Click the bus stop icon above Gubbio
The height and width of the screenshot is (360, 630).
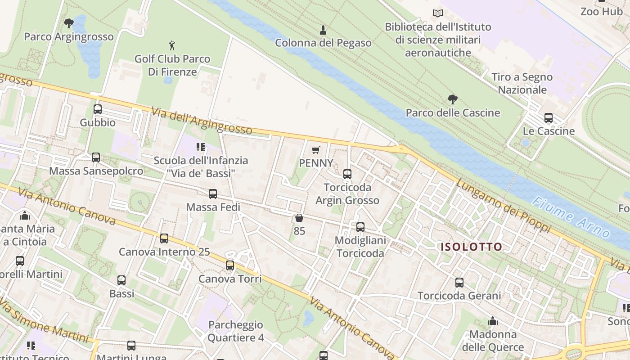pos(97,109)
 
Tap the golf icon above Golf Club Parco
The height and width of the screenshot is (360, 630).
pos(171,45)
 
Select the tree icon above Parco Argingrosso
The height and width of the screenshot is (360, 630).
pos(68,23)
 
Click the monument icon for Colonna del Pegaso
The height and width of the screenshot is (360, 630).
pos(323,30)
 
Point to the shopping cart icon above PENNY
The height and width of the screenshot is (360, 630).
pos(316,150)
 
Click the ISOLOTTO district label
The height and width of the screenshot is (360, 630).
pos(471,247)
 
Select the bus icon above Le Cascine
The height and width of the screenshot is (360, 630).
pos(548,118)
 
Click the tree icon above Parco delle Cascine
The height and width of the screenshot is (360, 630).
pos(452,99)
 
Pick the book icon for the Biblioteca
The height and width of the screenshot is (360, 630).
pos(437,13)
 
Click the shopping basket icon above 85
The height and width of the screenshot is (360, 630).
pos(299,218)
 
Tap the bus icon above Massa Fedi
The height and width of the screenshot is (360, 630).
pos(213,194)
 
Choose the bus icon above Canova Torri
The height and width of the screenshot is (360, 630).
pos(229,265)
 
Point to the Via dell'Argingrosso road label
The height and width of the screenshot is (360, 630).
pos(202,121)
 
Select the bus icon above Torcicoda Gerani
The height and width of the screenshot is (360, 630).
pos(459,283)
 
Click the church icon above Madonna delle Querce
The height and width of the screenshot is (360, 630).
pos(493,321)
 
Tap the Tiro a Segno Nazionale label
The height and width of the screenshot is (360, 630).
pos(522,83)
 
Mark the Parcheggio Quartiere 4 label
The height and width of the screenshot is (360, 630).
pos(235,331)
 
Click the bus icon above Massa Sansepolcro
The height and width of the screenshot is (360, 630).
pos(95,157)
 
